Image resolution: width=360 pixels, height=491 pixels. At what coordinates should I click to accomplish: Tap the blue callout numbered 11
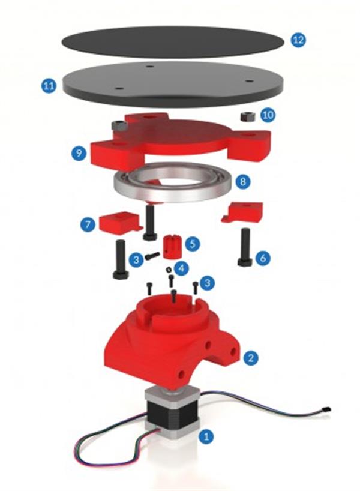[49, 86]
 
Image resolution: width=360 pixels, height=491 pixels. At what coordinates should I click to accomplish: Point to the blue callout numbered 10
[268, 115]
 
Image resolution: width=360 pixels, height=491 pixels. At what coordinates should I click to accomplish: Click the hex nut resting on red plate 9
[119, 126]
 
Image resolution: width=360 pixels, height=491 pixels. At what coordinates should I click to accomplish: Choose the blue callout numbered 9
[79, 153]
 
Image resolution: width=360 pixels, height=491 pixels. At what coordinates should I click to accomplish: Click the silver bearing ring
[173, 182]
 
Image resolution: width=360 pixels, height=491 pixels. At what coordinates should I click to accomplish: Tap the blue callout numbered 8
[243, 181]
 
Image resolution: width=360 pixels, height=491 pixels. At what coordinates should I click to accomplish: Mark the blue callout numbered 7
[88, 224]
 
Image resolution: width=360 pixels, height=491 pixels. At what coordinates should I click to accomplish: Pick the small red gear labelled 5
[171, 247]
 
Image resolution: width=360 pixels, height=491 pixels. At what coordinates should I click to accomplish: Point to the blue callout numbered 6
[263, 258]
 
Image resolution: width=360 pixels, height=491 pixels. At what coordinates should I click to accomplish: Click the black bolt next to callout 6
[245, 247]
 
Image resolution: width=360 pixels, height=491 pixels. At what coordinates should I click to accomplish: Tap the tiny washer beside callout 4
[169, 269]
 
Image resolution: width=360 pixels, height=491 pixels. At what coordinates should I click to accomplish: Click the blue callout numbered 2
[251, 357]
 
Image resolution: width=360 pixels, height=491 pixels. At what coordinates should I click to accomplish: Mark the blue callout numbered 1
[206, 436]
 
